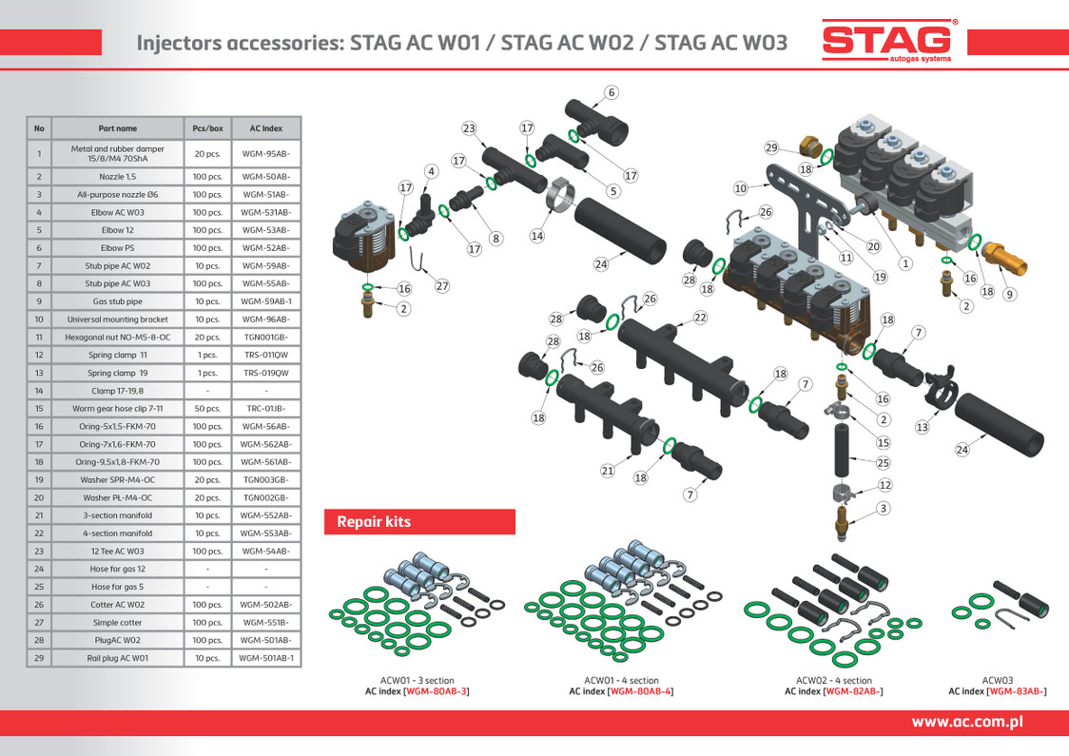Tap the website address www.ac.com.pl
(966, 722)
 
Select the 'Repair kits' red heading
(374, 522)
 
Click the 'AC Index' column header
(265, 127)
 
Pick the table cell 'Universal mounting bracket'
(117, 320)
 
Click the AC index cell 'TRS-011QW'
(265, 355)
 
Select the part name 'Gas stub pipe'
(117, 301)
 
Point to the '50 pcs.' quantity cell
(207, 408)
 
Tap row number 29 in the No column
(39, 657)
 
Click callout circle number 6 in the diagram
(612, 92)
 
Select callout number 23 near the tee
(469, 128)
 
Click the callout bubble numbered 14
(536, 236)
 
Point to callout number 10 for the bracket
(740, 188)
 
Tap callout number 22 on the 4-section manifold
(700, 318)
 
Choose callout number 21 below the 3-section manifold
(607, 470)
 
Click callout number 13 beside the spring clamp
(922, 427)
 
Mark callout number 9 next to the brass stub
(1010, 294)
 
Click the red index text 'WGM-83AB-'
(1017, 691)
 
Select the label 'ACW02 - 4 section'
(833, 680)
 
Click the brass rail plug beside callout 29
(811, 147)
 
